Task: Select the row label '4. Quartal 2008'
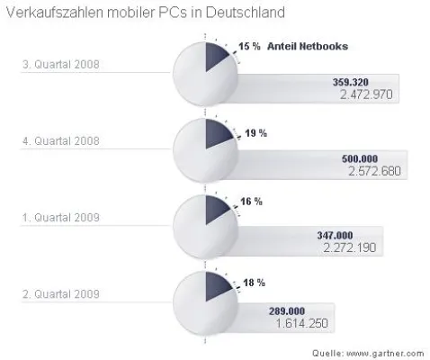pos(62,140)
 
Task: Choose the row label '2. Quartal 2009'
pos(62,292)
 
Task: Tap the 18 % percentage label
pos(254,283)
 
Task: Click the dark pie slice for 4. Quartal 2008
pos(219,133)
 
